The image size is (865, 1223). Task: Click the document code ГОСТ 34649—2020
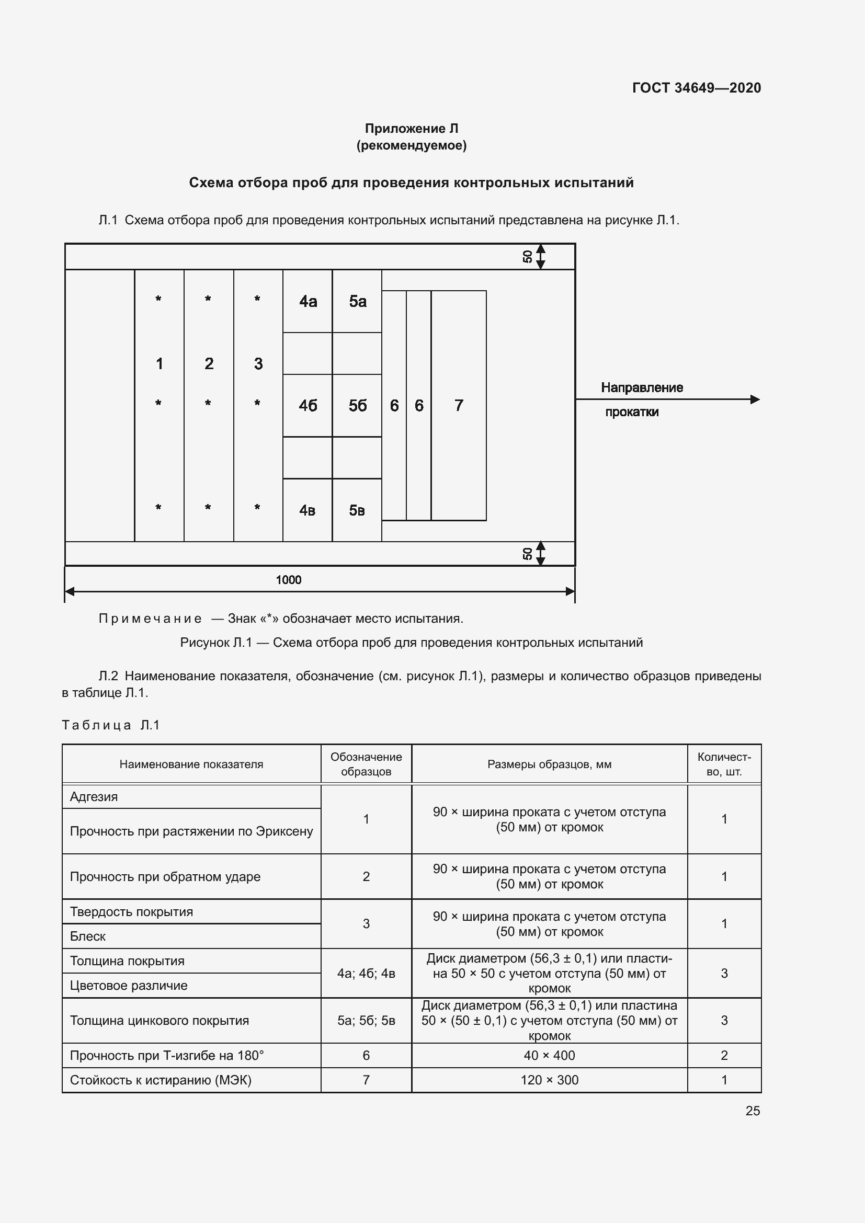696,88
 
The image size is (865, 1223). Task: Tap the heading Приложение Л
411,129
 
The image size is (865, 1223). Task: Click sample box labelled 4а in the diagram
308,302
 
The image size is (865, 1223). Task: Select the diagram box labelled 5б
357,406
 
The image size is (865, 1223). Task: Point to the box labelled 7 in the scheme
459,406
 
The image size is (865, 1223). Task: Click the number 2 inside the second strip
209,364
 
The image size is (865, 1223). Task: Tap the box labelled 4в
308,510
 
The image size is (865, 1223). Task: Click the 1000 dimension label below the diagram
288,579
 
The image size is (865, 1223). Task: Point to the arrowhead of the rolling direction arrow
755,399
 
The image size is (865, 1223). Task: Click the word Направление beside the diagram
642,388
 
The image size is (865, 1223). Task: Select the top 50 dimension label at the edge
527,257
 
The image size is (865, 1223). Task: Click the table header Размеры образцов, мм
549,764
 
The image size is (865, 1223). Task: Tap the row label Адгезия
94,797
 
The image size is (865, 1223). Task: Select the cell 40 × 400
549,1055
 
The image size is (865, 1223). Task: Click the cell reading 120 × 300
549,1080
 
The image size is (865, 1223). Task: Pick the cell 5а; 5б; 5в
366,1021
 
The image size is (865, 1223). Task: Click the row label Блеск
88,936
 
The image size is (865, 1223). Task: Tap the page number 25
753,1111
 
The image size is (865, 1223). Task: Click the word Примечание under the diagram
150,619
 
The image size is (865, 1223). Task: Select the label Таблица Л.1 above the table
111,725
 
